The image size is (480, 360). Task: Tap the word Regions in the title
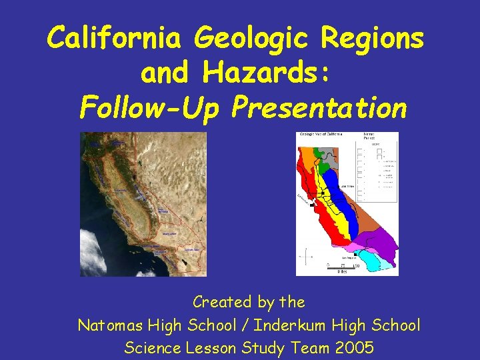click(x=371, y=39)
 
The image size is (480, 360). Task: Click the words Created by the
click(x=249, y=302)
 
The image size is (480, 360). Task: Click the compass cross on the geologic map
click(x=307, y=257)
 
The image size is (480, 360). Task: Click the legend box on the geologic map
click(x=379, y=167)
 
